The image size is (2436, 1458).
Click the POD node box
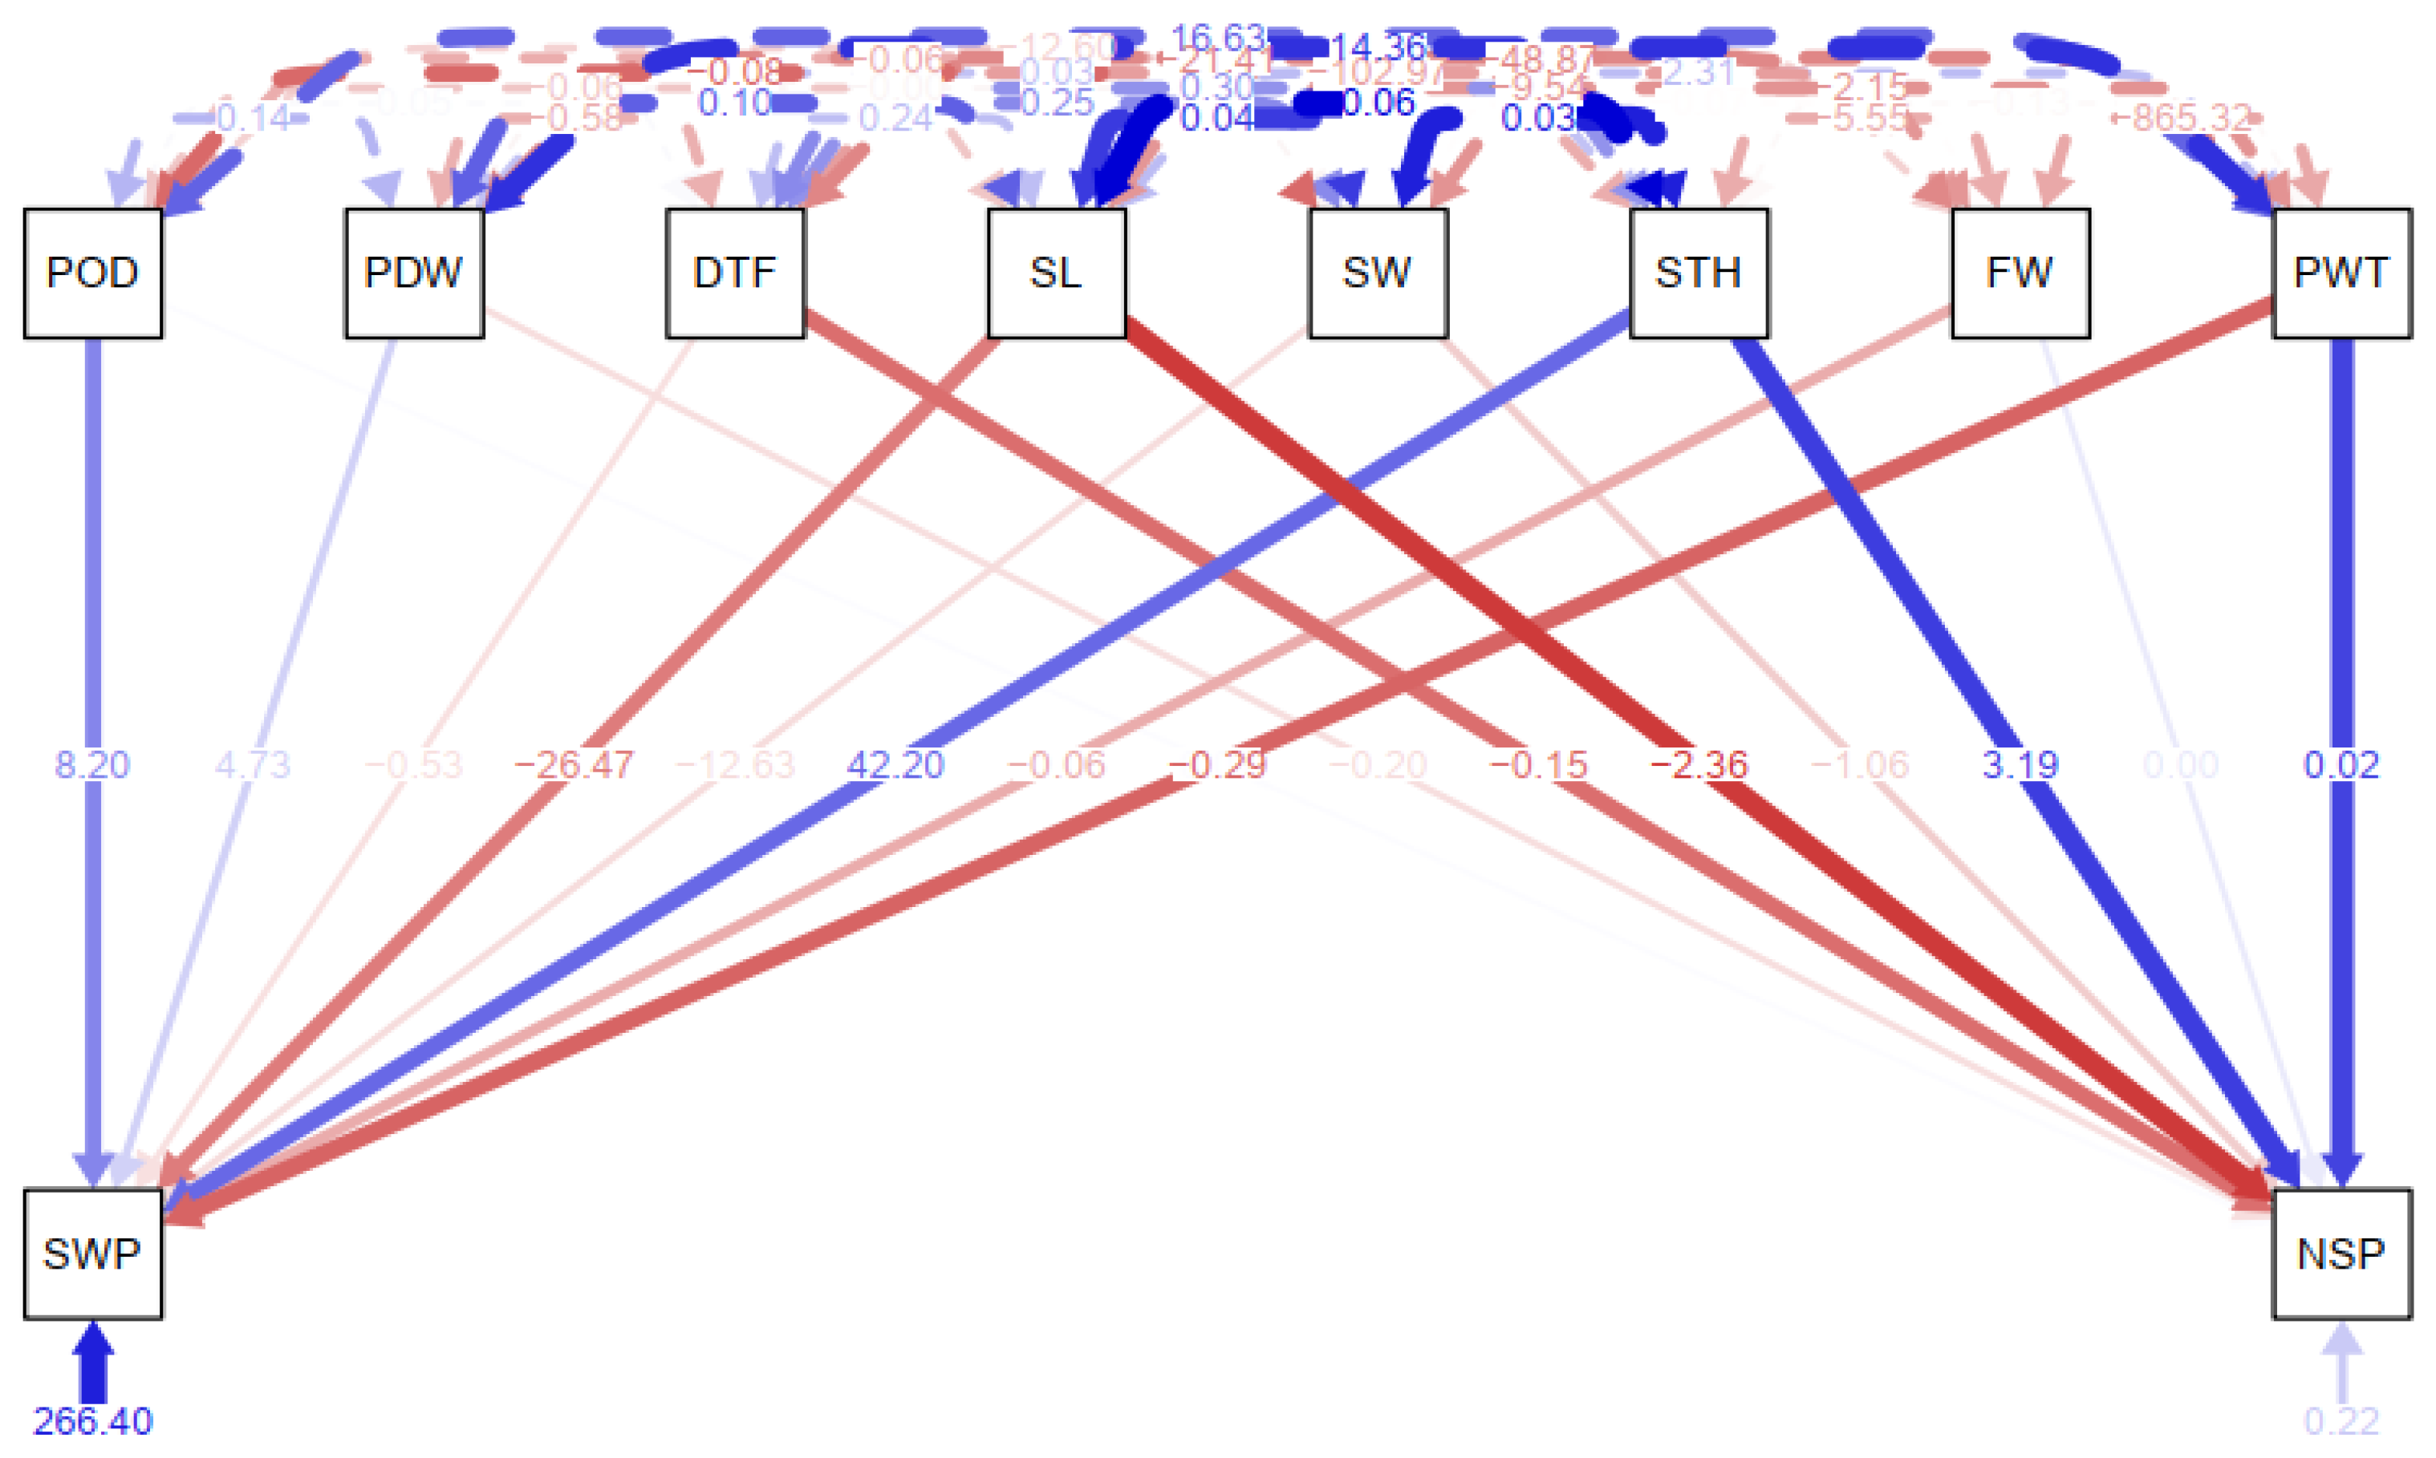click(92, 273)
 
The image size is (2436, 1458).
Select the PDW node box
click(414, 273)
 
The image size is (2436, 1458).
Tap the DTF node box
click(735, 273)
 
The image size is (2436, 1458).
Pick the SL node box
click(1057, 273)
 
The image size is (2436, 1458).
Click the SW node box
click(1378, 273)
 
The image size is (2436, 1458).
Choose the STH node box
click(1699, 273)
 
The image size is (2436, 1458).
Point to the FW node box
click(2020, 273)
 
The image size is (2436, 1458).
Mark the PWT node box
click(2341, 273)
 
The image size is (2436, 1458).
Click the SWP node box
click(92, 1253)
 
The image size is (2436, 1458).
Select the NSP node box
click(2341, 1253)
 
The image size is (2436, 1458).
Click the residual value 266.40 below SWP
click(92, 1420)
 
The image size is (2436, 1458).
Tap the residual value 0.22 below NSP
click(2341, 1420)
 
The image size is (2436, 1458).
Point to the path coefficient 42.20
click(895, 764)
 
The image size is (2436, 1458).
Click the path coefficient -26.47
click(574, 764)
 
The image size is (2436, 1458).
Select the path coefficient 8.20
click(91, 764)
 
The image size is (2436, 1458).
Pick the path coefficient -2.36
click(1699, 764)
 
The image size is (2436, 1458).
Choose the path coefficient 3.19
click(2020, 764)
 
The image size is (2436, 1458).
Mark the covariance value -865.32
click(2191, 119)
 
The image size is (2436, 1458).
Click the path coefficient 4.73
click(253, 764)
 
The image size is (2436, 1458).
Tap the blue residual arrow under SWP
click(92, 1361)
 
